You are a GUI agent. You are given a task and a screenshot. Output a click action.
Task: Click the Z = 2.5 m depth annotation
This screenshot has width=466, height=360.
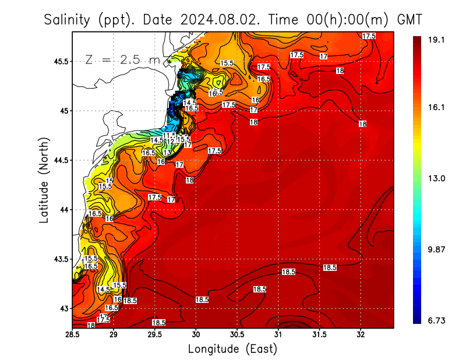pyautogui.click(x=122, y=59)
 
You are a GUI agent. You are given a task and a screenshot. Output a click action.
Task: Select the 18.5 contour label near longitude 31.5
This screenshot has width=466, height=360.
pyautogui.click(x=330, y=267)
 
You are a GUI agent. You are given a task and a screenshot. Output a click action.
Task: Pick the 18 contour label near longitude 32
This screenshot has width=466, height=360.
pyautogui.click(x=362, y=124)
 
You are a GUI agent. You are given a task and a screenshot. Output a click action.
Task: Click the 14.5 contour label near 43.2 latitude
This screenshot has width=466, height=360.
pyautogui.click(x=103, y=290)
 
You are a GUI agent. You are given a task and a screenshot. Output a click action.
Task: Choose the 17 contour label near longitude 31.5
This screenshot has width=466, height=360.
pyautogui.click(x=323, y=57)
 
